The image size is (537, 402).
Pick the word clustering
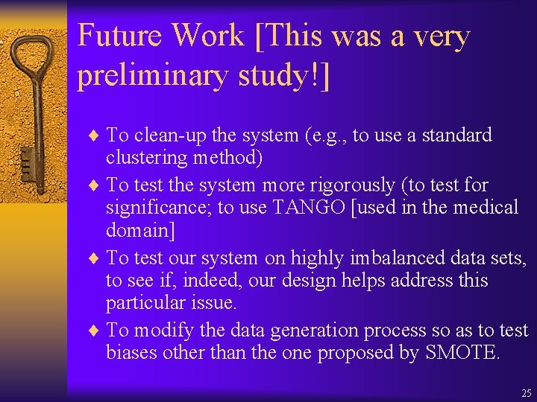(148, 158)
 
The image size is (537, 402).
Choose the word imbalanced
(389, 258)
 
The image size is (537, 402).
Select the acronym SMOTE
(462, 352)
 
